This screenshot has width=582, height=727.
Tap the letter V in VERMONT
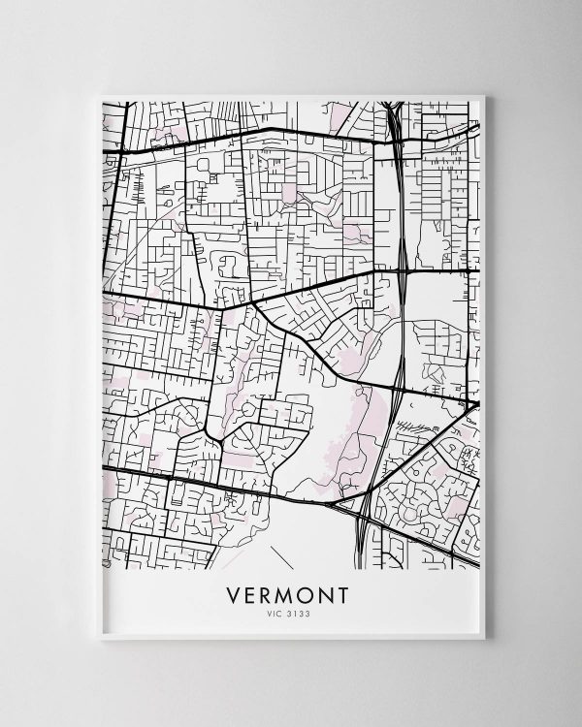(x=232, y=592)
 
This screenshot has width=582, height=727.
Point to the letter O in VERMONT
(x=307, y=592)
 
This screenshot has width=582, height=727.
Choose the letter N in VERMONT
(x=326, y=592)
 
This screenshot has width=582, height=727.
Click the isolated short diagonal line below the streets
(x=281, y=557)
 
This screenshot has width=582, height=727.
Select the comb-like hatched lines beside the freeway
(x=418, y=427)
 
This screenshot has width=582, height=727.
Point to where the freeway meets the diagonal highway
(x=373, y=485)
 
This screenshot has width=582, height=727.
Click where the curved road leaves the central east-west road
(x=254, y=303)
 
